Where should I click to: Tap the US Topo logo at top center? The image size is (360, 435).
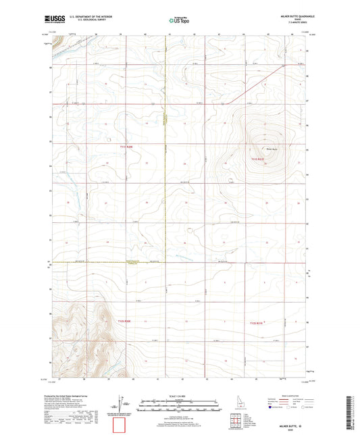179,21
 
